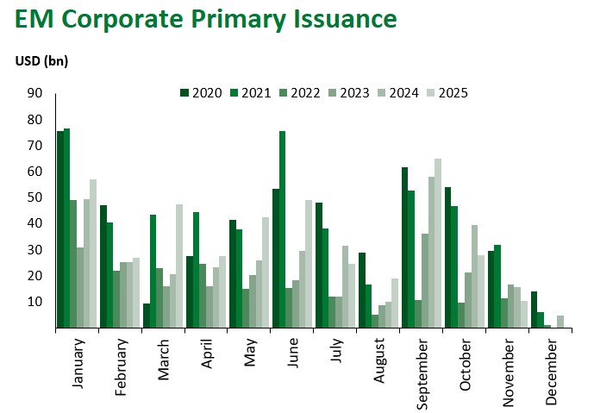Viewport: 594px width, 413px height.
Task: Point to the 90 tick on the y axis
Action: click(35, 93)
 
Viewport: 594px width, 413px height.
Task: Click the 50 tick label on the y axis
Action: click(35, 197)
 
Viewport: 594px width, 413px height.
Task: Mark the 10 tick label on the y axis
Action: click(35, 302)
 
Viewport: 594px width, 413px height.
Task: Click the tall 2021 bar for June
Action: click(282, 229)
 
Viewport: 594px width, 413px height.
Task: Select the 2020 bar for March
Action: click(146, 316)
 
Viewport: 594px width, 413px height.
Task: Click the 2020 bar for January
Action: click(60, 229)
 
